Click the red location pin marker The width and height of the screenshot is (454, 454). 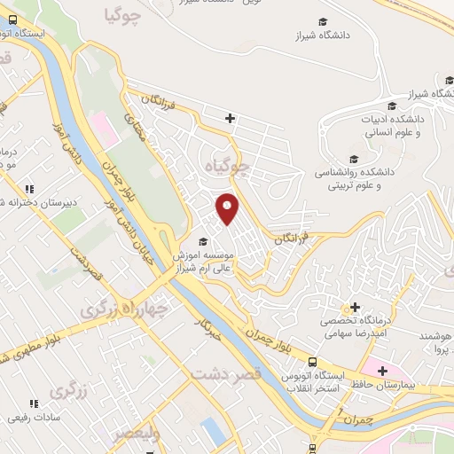click(228, 209)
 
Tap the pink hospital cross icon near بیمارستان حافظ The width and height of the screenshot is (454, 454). click(382, 371)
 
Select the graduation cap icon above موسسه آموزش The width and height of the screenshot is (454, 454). click(203, 241)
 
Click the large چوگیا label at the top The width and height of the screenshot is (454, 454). click(123, 15)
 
